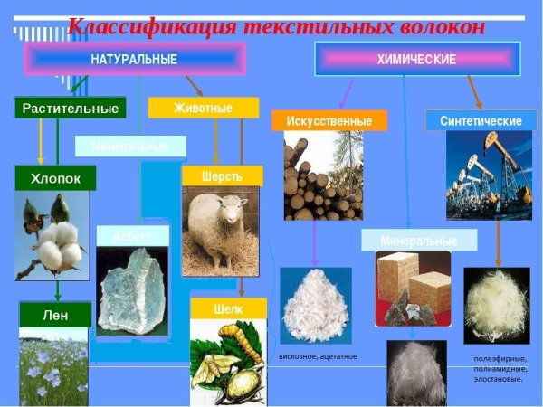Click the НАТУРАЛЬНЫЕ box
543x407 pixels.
[x=134, y=60]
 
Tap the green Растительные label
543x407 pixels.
[x=69, y=109]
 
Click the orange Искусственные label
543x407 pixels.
[x=329, y=120]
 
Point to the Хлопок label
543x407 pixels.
[x=55, y=179]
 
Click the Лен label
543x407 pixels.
[x=55, y=315]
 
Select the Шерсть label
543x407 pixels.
[x=222, y=175]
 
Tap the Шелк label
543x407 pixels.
[x=228, y=308]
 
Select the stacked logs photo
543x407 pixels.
[x=323, y=176]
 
